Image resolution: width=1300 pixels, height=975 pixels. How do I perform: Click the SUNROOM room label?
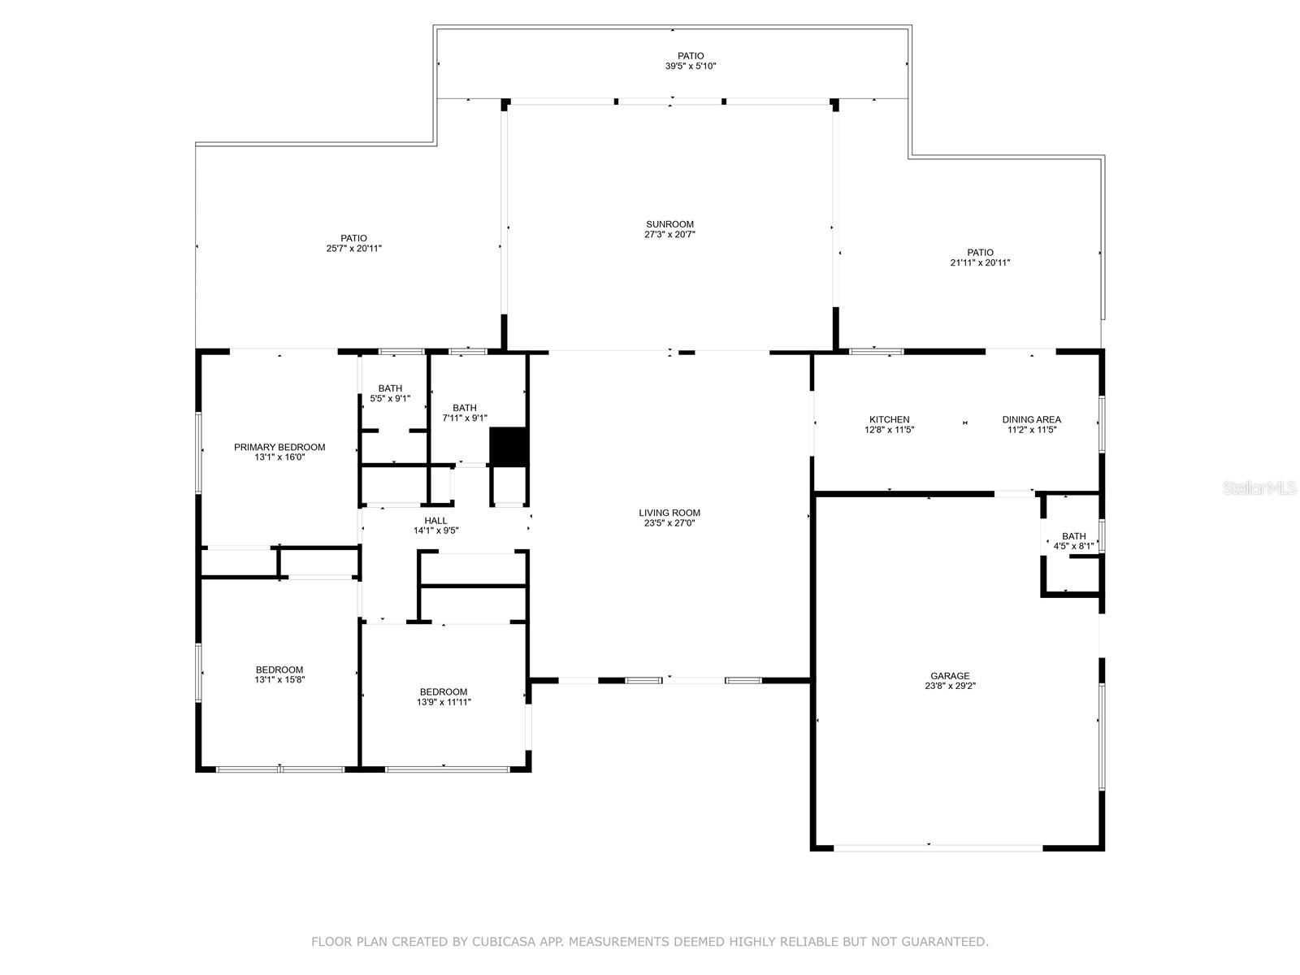coord(669,224)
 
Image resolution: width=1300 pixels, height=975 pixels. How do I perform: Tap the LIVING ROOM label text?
coord(669,513)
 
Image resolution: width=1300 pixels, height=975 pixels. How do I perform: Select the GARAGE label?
coord(950,675)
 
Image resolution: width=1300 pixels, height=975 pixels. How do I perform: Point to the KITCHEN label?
coord(889,420)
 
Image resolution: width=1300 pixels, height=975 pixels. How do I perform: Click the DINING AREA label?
coord(1031,420)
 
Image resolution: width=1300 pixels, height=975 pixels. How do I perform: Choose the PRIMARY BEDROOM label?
coord(279,447)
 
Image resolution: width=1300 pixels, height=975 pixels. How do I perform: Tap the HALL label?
coord(435,520)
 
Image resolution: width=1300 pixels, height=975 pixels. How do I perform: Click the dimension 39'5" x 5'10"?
coord(691,67)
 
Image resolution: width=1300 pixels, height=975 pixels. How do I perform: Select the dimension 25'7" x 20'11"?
coord(353,249)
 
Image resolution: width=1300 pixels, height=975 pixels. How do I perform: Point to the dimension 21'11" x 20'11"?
coord(980,262)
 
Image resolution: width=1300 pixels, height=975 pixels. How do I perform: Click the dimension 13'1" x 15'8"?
coord(279,679)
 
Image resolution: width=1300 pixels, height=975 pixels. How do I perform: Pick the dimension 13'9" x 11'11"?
coord(444,702)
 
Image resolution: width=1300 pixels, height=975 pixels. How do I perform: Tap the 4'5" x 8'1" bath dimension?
coord(1074,546)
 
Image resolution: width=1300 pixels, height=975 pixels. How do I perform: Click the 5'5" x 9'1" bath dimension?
coord(390,398)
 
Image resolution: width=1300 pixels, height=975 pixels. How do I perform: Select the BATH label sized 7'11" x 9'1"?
coord(464,408)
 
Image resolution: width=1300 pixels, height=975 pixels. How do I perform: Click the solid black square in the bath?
coord(508,447)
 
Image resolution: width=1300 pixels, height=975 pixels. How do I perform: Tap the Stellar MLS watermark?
coord(1259,488)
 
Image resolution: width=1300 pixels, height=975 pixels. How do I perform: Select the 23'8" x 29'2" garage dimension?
coord(950,686)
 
